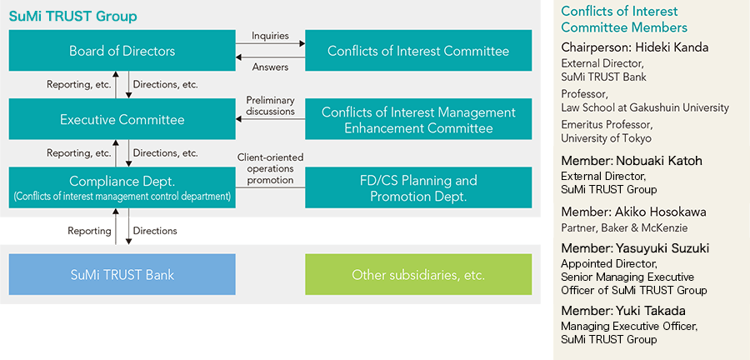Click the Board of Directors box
(122, 51)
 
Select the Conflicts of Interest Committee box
(418, 51)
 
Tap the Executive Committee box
(122, 119)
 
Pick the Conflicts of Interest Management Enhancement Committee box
(418, 119)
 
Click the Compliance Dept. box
(122, 187)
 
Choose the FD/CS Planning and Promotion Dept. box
(418, 187)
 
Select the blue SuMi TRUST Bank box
(122, 274)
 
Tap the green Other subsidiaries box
(418, 274)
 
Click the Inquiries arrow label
(270, 36)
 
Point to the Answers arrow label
(270, 67)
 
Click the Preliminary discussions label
(271, 106)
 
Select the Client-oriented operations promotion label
(270, 168)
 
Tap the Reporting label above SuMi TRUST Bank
(89, 231)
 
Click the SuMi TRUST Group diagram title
(73, 17)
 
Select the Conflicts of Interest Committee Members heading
(624, 19)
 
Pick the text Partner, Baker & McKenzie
(624, 228)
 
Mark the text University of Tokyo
(606, 138)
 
